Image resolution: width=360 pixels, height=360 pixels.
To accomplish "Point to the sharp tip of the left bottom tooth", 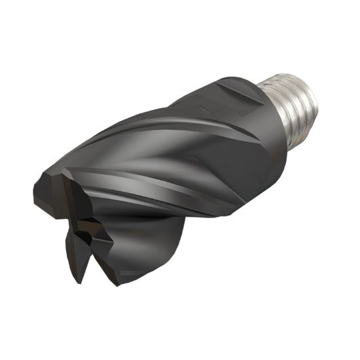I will click(77, 281).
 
